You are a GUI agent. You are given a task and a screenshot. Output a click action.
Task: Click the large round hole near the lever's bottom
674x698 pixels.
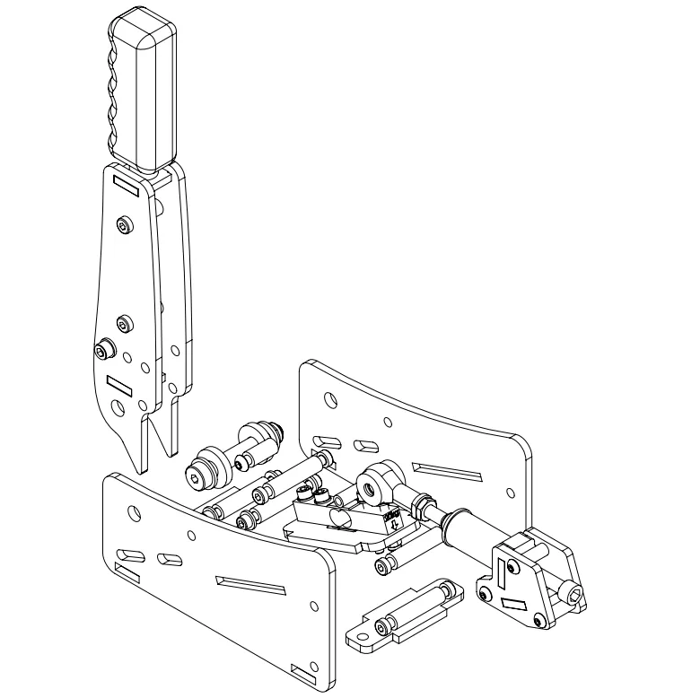pyautogui.click(x=117, y=408)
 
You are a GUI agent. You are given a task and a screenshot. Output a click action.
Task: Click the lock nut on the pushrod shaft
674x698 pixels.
pyautogui.click(x=418, y=509)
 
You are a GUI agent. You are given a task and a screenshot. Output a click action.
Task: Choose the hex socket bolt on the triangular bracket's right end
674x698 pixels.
pyautogui.click(x=572, y=591)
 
